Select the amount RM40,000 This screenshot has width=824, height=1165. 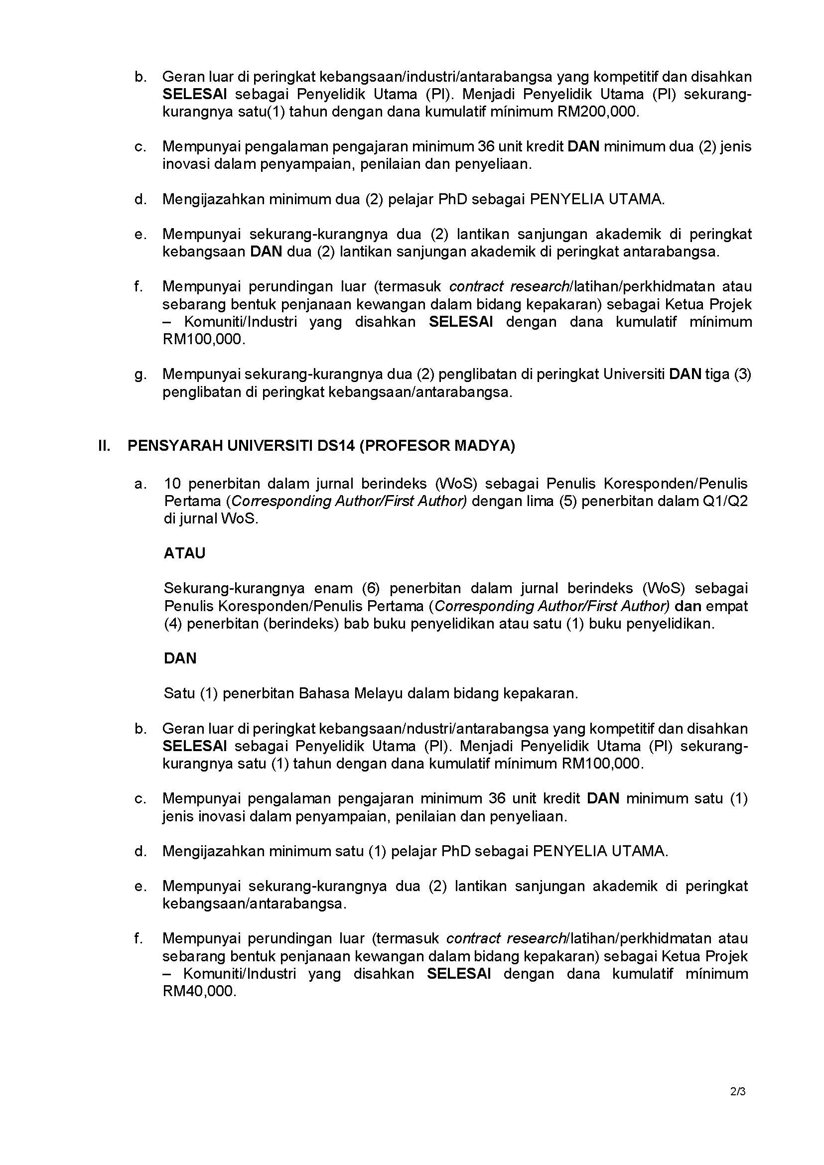(x=199, y=991)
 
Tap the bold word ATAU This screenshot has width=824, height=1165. (x=184, y=553)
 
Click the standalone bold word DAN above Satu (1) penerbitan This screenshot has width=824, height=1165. (x=180, y=658)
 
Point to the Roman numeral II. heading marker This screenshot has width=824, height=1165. (x=104, y=445)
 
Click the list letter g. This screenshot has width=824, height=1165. (x=140, y=375)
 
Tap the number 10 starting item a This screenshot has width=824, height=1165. (x=172, y=484)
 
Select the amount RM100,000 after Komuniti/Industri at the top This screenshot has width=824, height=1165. (x=203, y=339)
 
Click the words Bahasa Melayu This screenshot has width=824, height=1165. (x=339, y=693)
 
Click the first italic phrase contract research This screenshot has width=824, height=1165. (x=509, y=287)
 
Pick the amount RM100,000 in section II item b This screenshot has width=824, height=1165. (x=602, y=764)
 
